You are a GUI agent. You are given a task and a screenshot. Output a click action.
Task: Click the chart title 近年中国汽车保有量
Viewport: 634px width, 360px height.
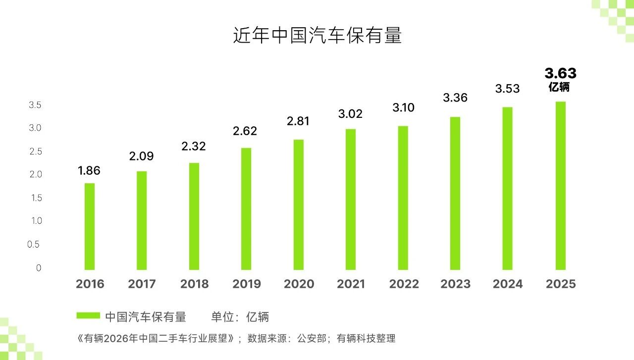pos(317,36)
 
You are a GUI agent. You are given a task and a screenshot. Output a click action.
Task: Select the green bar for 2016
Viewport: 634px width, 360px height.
pos(90,226)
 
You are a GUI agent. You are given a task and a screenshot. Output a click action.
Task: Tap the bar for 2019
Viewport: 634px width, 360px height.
pos(246,208)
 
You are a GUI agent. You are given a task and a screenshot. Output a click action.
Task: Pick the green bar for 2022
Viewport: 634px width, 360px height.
pos(403,198)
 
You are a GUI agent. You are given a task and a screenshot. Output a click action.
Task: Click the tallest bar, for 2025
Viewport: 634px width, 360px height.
pos(560,186)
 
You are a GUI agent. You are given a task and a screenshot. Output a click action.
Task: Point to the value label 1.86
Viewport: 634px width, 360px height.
pos(89,171)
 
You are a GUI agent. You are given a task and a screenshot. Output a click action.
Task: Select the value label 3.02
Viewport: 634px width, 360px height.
pos(350,114)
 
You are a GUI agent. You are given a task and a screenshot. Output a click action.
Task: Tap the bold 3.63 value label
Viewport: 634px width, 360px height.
pos(560,73)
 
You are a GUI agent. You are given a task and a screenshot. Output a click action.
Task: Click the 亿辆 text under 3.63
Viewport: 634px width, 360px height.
pos(559,87)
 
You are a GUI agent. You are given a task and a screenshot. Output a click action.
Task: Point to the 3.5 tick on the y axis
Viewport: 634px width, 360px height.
pos(35,105)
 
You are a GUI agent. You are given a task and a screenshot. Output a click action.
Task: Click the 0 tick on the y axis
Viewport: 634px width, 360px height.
pos(39,268)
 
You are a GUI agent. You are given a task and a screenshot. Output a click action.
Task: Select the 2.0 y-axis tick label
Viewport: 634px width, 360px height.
pos(35,175)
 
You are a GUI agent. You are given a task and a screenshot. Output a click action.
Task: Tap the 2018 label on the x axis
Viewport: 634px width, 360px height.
pos(194,284)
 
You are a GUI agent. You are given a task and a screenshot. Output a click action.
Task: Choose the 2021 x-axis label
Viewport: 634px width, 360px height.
pos(351,284)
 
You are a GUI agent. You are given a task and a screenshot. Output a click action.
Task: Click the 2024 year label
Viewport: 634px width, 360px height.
pos(508,284)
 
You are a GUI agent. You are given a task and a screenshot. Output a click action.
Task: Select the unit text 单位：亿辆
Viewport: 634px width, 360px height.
pos(240,317)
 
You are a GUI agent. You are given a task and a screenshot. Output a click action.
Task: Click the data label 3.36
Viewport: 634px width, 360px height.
pos(455,98)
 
